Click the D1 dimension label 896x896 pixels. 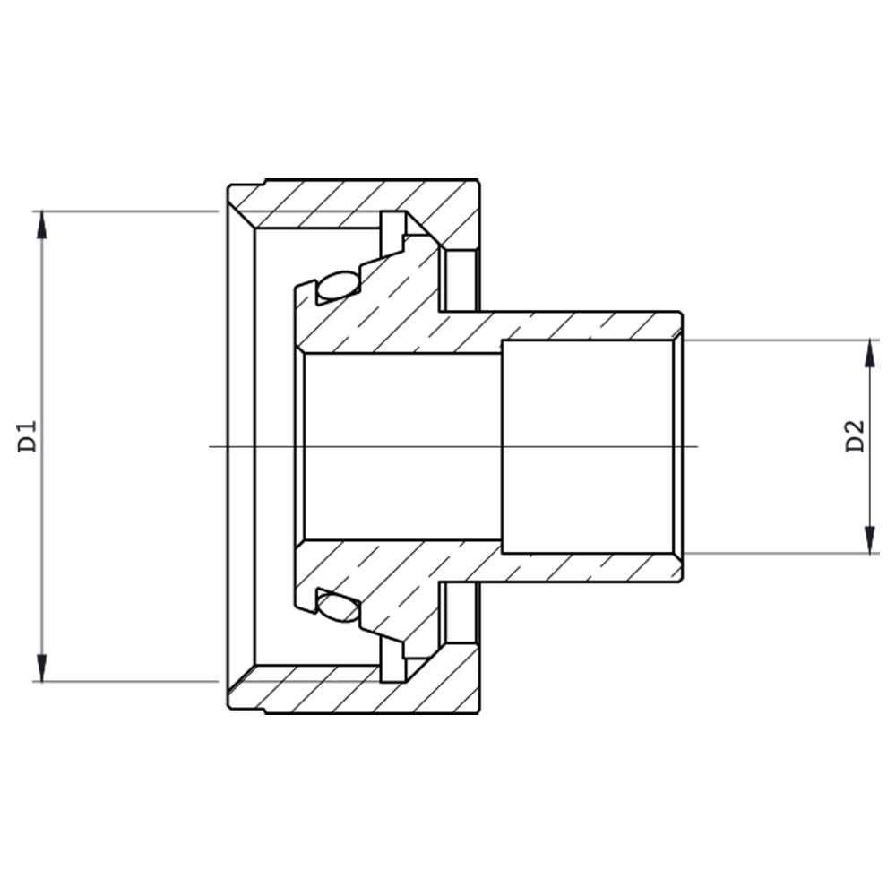point(28,436)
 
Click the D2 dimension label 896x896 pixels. point(856,436)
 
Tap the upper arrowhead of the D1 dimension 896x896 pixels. point(41,225)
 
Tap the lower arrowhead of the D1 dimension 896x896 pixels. point(41,668)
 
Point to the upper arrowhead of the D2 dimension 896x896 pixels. point(870,354)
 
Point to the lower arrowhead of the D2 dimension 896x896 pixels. point(870,540)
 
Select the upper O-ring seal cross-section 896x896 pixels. point(339,286)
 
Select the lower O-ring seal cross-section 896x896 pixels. point(339,607)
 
